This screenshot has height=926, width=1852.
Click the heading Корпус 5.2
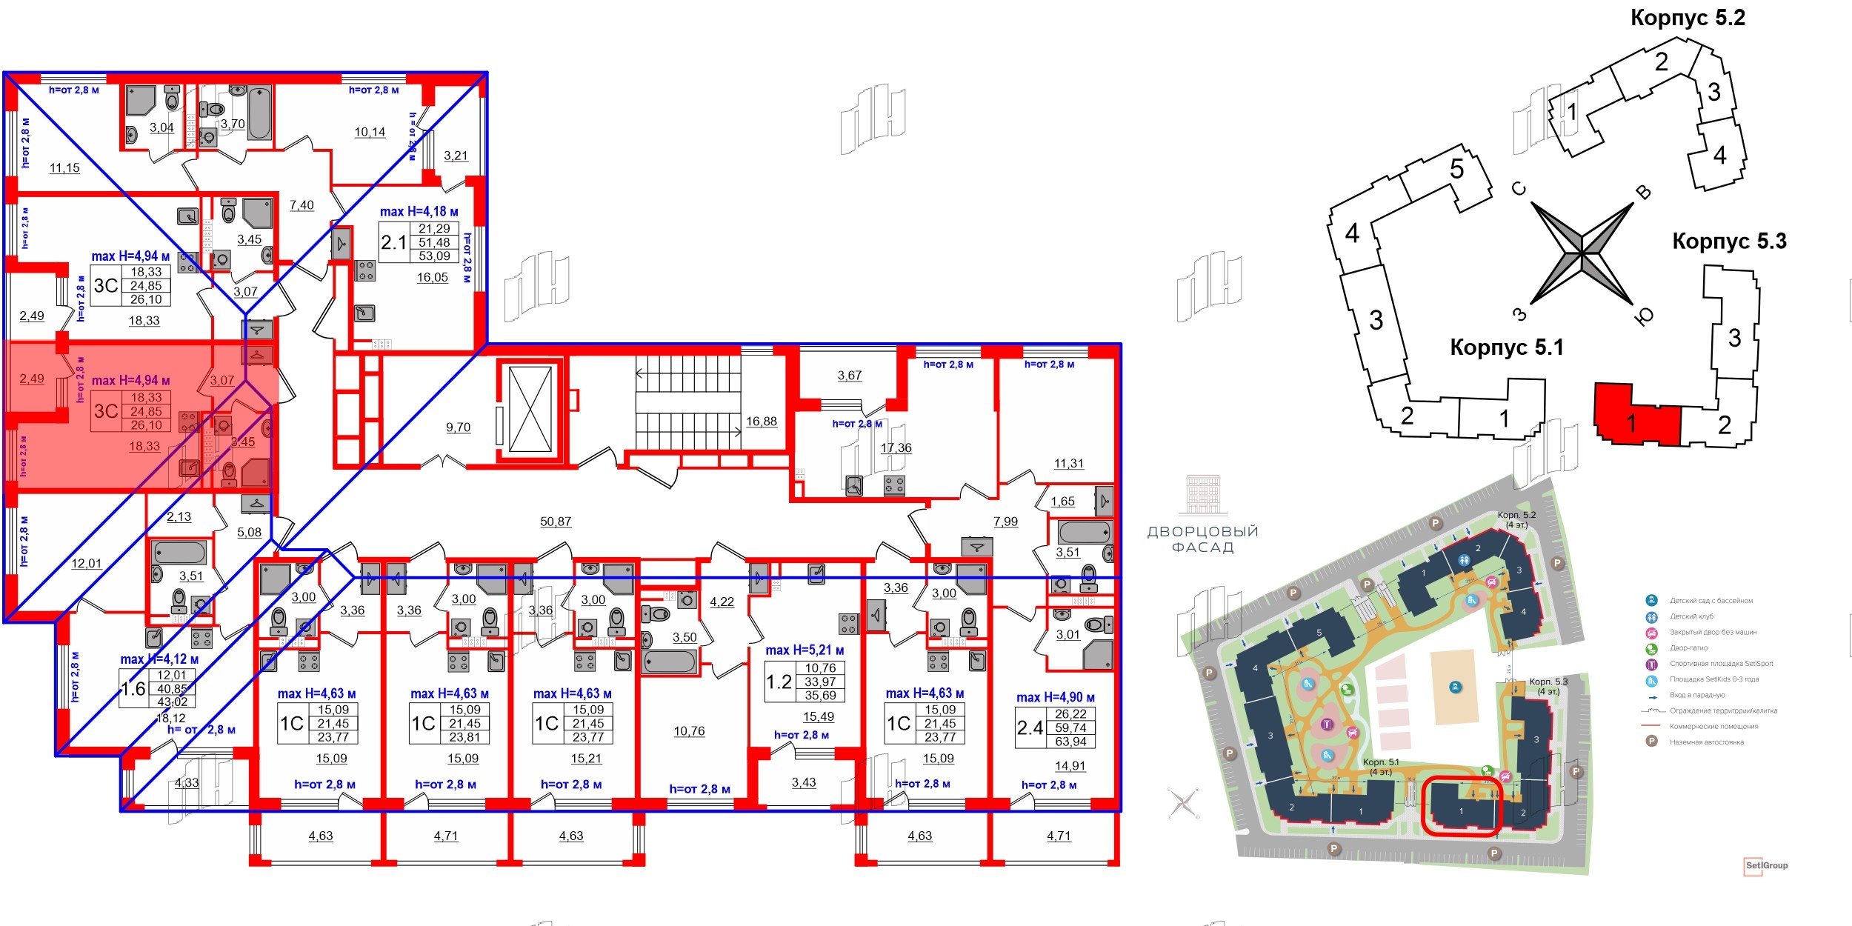1688,18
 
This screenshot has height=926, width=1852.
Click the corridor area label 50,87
556,522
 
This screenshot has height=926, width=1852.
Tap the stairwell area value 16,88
762,422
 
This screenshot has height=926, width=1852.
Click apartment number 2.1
393,242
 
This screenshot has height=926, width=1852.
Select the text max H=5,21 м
805,650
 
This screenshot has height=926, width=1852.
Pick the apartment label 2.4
1030,728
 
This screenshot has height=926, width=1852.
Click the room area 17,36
896,448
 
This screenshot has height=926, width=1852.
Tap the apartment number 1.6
133,689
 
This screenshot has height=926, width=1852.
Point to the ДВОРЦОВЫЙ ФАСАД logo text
1202,539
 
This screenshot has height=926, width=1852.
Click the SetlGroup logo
1766,865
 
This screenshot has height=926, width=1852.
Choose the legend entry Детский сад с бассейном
1711,601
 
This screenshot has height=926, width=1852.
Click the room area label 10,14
370,133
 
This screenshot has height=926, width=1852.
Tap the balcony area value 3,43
803,782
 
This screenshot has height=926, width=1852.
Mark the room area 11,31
1068,464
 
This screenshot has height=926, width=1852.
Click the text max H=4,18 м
419,212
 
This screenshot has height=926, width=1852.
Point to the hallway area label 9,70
458,427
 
